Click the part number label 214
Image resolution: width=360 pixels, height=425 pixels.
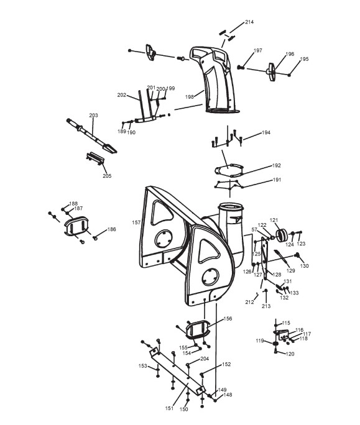(249, 22)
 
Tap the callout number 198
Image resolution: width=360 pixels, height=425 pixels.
(190, 97)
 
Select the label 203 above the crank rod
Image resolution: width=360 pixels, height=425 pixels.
(94, 115)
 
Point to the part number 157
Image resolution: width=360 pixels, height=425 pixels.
(136, 222)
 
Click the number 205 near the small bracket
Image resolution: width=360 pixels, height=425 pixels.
(107, 176)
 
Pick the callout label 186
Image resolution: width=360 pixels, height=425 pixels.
(111, 229)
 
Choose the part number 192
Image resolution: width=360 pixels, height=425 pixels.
(277, 165)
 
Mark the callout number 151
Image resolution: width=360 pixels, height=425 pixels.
(169, 408)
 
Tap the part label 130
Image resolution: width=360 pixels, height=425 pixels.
(305, 266)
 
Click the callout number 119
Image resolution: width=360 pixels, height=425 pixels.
(260, 340)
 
